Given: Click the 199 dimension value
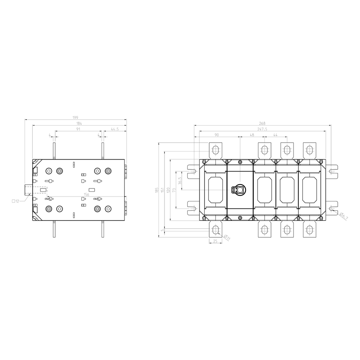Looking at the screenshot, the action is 75,118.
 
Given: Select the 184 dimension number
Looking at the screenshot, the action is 79,123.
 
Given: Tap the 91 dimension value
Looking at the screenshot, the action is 78,129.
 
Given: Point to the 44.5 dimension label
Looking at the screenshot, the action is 115,129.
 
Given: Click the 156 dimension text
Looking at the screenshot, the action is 86,195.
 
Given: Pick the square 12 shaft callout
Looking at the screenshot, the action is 15,201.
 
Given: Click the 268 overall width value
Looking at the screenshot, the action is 262,123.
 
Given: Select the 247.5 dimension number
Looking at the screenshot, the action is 262,129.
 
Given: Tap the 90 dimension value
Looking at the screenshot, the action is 217,135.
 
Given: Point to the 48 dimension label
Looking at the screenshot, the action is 252,135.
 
